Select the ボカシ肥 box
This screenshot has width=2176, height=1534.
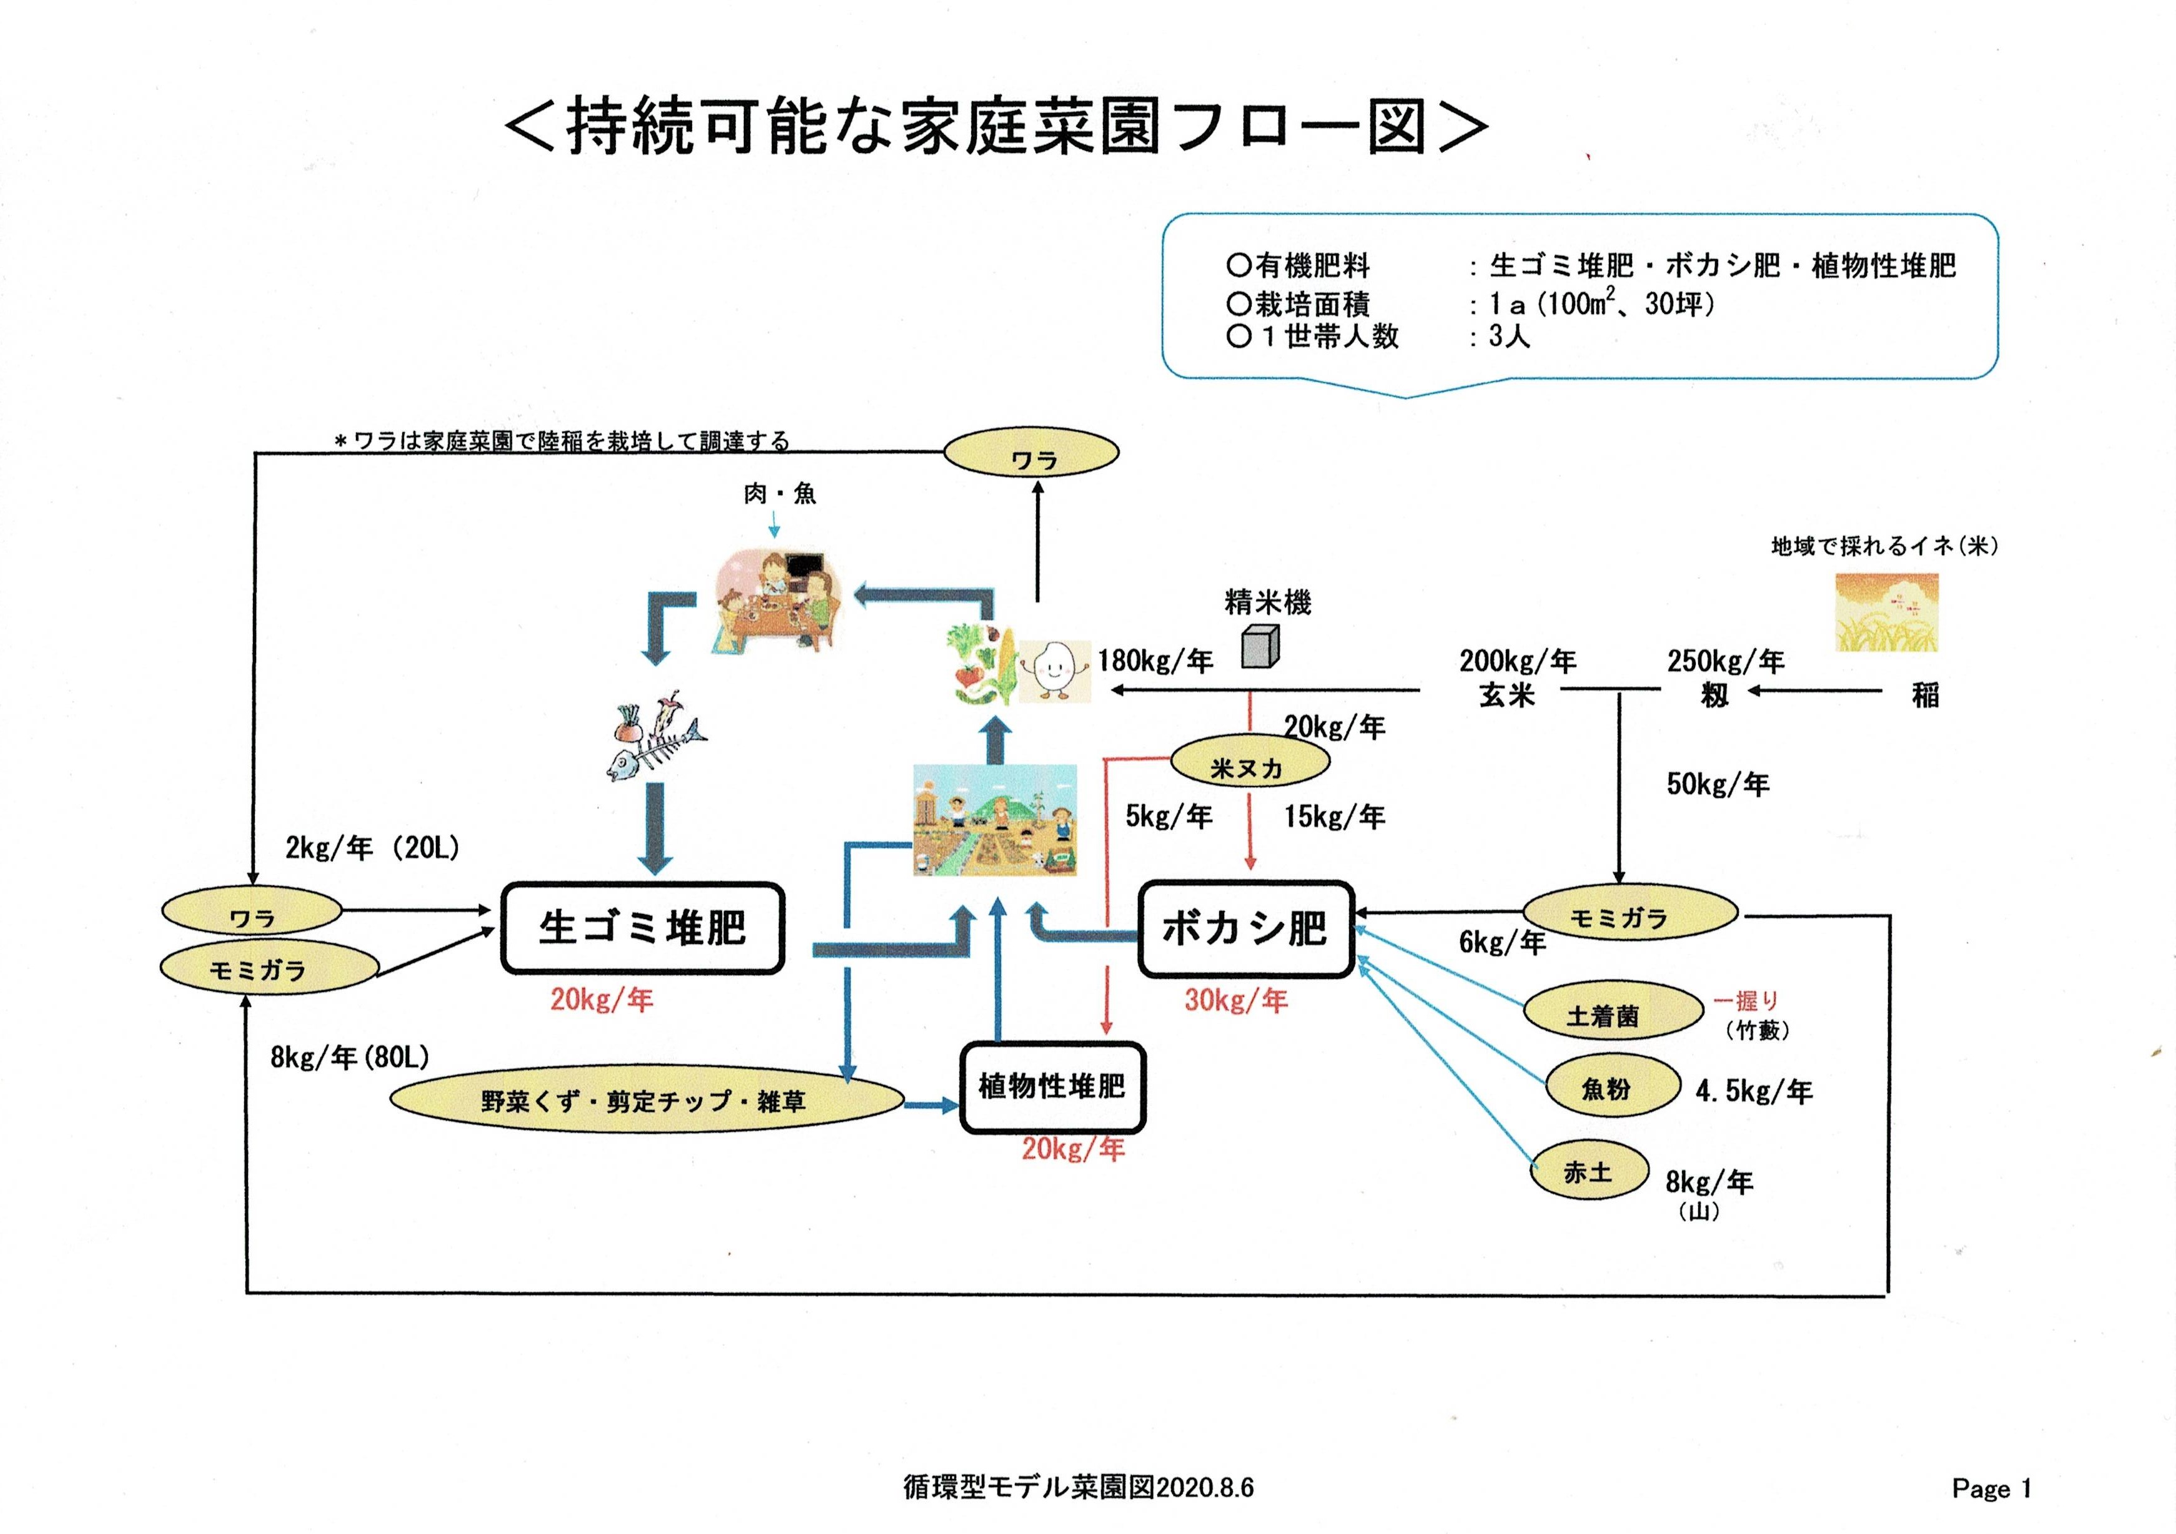click(1244, 928)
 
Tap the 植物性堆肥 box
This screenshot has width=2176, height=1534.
click(1052, 1087)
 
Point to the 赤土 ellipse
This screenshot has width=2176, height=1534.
click(1588, 1172)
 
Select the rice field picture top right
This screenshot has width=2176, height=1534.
click(1886, 612)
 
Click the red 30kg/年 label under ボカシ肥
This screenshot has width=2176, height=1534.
click(1236, 1000)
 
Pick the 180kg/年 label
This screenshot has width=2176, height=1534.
click(1155, 661)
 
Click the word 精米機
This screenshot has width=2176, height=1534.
click(1267, 602)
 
